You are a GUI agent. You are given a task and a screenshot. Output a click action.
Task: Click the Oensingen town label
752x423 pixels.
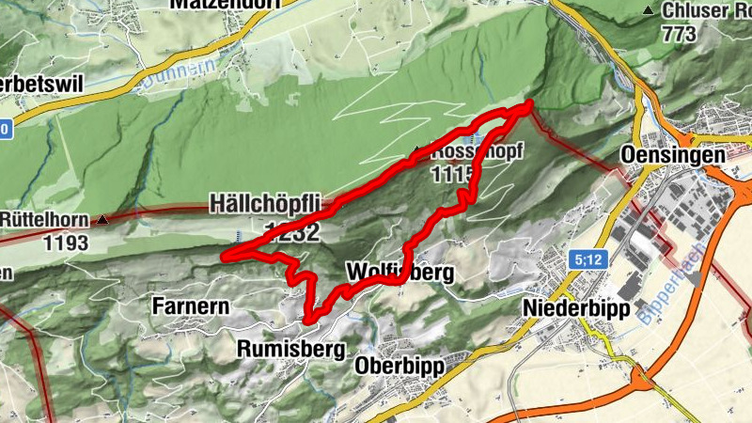point(673,155)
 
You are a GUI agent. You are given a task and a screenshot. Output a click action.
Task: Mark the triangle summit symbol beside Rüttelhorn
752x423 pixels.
point(102,220)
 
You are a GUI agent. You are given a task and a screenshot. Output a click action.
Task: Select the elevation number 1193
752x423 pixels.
point(65,243)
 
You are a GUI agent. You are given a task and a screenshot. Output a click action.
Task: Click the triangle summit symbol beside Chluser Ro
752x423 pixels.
point(647,10)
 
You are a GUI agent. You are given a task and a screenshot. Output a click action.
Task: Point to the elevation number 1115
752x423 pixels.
point(455,174)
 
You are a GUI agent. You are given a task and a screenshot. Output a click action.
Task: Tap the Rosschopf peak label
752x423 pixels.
point(470,152)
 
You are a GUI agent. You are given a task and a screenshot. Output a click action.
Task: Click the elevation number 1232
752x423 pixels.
point(292,232)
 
